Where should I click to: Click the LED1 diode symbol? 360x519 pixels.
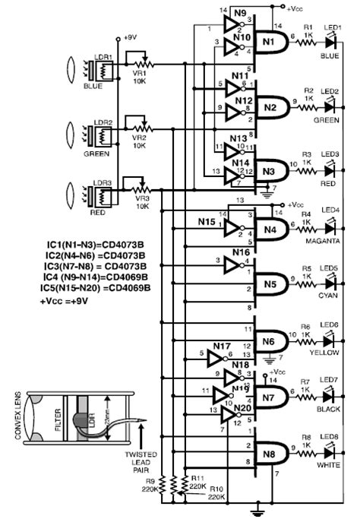pos(330,46)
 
